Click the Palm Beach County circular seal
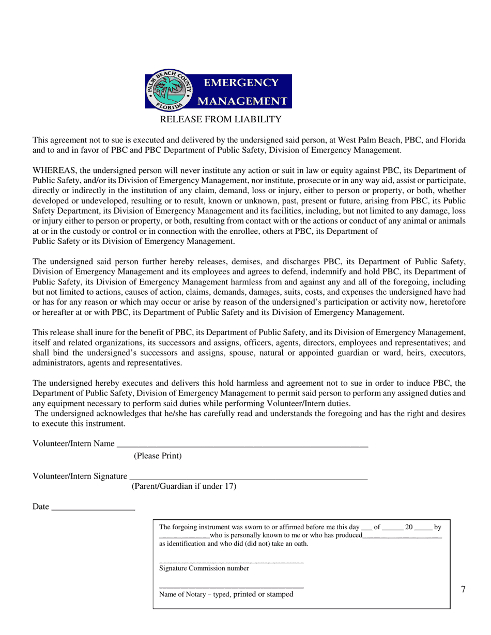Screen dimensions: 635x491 point(168,91)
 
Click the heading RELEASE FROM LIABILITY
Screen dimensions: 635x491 point(221,120)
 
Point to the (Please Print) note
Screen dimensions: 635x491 point(158,456)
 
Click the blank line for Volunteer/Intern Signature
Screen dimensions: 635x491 point(248,477)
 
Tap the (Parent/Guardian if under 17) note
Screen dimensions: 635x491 point(184,486)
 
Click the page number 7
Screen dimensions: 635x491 point(463,590)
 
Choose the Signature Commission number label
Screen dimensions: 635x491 point(204,568)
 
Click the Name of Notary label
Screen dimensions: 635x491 point(226,594)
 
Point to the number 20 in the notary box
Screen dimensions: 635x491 point(409,527)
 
